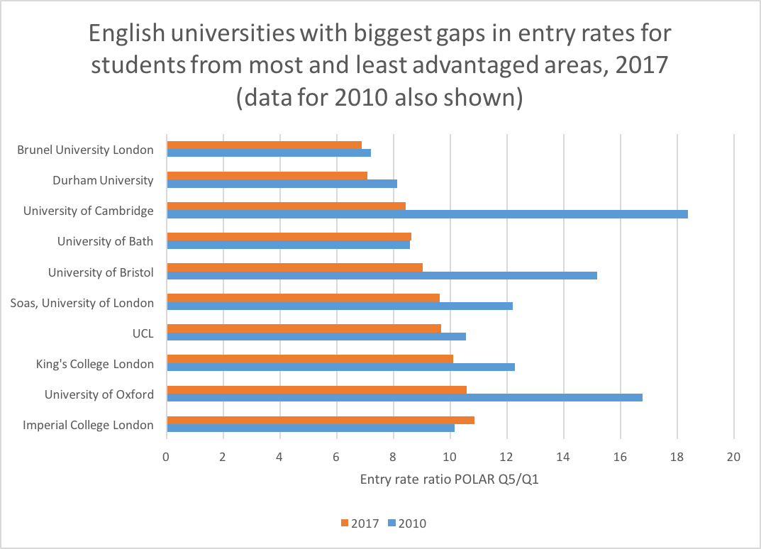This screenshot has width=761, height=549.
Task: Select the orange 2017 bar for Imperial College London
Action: (x=391, y=421)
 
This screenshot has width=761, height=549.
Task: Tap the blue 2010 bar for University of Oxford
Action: (x=404, y=397)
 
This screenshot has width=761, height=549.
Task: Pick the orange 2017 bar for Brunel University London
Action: (x=264, y=145)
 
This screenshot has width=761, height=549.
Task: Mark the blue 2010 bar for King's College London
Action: (x=340, y=367)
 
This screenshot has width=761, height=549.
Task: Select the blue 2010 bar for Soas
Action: (x=339, y=306)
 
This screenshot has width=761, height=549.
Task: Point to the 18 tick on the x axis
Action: (x=677, y=457)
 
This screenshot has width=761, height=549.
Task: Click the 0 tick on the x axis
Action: (x=166, y=457)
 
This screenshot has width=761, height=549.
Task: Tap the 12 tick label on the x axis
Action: (x=506, y=457)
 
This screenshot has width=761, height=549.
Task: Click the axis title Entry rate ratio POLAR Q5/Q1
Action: (x=450, y=479)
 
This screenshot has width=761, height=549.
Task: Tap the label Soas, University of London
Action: (x=82, y=303)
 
